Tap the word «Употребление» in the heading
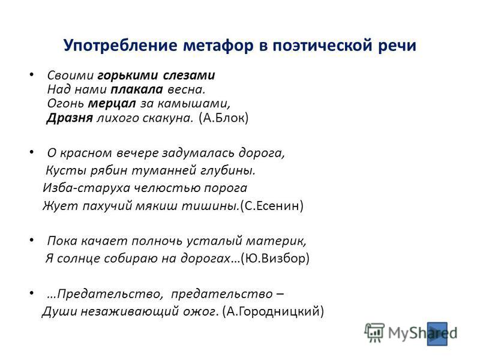(x=121, y=46)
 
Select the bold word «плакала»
(x=137, y=89)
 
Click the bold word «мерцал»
(x=112, y=104)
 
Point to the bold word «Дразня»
(x=70, y=118)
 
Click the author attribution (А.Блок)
(x=223, y=118)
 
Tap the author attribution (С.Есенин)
(x=272, y=205)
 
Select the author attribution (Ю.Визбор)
(x=275, y=258)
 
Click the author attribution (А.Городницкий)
(x=273, y=311)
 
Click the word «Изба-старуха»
(x=86, y=188)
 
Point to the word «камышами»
(x=194, y=104)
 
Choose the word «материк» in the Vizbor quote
(x=276, y=241)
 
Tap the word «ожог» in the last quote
(x=201, y=311)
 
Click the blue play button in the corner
(x=437, y=334)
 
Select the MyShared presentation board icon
(x=374, y=333)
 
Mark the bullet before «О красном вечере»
(x=32, y=152)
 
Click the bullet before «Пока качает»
(x=32, y=239)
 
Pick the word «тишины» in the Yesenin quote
(x=210, y=205)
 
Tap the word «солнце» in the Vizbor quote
(x=79, y=259)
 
